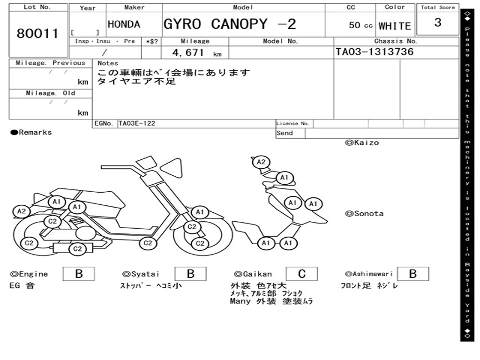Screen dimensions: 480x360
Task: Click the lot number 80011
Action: pyautogui.click(x=37, y=33)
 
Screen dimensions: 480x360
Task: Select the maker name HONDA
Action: pyautogui.click(x=124, y=24)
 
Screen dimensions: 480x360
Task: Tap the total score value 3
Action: pyautogui.click(x=438, y=22)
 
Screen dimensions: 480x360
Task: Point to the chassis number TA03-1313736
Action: pyautogui.click(x=375, y=52)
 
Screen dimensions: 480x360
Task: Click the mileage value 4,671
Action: pyautogui.click(x=188, y=52)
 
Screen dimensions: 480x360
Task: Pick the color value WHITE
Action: pyautogui.click(x=395, y=26)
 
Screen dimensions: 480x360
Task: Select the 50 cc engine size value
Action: pyautogui.click(x=360, y=25)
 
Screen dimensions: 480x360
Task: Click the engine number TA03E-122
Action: pyautogui.click(x=137, y=123)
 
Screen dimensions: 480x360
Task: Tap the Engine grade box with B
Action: pyautogui.click(x=79, y=274)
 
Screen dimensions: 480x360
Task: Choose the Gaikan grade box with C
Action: pyautogui.click(x=302, y=274)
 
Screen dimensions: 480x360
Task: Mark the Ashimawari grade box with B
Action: pyautogui.click(x=413, y=274)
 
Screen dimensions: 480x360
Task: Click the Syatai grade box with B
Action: pyautogui.click(x=190, y=274)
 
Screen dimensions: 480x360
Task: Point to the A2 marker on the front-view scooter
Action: pyautogui.click(x=261, y=162)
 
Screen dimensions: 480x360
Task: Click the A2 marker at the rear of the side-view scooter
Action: pyautogui.click(x=22, y=211)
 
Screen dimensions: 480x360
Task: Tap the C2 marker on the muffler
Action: pyautogui.click(x=77, y=249)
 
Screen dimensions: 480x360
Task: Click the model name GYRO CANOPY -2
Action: pyautogui.click(x=230, y=24)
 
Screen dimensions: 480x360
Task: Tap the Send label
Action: pyautogui.click(x=285, y=133)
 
